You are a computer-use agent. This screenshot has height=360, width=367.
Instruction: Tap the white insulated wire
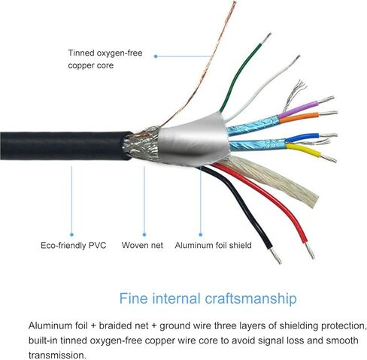pos(261,91)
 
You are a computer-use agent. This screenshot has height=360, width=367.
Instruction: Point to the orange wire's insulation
pos(299,118)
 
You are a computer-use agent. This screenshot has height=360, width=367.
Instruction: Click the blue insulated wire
pos(302,138)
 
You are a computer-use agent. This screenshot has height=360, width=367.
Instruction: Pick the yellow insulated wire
pos(304,150)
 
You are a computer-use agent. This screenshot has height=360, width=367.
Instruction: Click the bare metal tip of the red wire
pos(310,250)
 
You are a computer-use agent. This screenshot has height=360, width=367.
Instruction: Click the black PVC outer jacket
pos(65,145)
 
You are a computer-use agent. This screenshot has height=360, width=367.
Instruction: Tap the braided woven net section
pos(141,144)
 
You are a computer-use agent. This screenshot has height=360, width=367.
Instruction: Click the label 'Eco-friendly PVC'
pos(74,245)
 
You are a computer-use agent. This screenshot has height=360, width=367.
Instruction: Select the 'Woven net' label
pos(142,245)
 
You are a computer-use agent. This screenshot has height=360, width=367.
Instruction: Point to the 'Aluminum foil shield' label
pos(213,245)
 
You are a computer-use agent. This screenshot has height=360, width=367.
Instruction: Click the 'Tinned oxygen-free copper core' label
pos(105,59)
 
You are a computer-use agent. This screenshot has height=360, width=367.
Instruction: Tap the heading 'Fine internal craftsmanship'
pos(208,298)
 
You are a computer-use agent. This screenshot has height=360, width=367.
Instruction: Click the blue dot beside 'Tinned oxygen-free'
pos(156,56)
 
